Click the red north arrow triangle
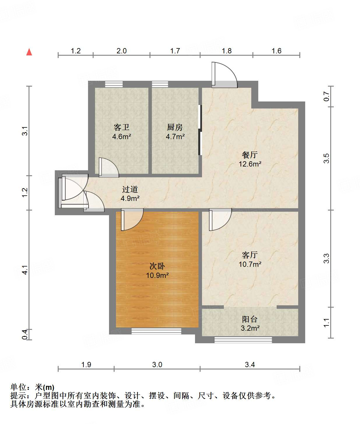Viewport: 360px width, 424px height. pos(29,52)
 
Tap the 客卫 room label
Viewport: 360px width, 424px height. pos(121,127)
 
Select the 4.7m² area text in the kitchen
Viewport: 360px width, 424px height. pos(175,136)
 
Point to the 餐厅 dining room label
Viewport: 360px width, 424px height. pos(250,155)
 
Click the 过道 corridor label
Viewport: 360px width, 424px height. pos(130,189)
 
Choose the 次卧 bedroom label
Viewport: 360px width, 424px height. pos(157,266)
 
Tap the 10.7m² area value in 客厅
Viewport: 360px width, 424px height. pos(250,264)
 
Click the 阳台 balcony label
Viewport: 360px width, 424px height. pos(250,319)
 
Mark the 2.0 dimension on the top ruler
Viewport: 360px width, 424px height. pos(122,51)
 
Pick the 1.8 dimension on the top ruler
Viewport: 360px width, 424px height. pos(226,51)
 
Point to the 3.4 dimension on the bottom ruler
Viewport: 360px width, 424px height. pos(250,365)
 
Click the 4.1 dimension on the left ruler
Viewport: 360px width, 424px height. pos(25,270)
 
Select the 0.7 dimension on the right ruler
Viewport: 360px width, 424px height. pos(326,96)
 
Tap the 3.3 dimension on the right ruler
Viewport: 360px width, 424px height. pos(326,258)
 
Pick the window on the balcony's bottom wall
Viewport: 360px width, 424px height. pos(243,340)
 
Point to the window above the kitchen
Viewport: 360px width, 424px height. pos(160,84)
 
